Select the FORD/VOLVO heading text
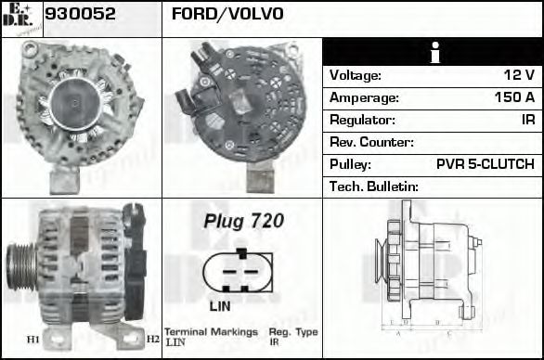[x=227, y=15]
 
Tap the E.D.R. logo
[x=20, y=19]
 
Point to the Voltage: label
[x=356, y=75]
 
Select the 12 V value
[x=517, y=75]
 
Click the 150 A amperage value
[x=514, y=97]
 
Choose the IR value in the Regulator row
[x=527, y=120]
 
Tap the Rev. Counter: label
[x=371, y=142]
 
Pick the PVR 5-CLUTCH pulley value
[x=485, y=164]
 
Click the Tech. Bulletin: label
[x=374, y=186]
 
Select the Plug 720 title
[x=243, y=222]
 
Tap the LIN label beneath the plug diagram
[x=220, y=305]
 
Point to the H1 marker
[x=32, y=340]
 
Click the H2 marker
[x=153, y=340]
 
